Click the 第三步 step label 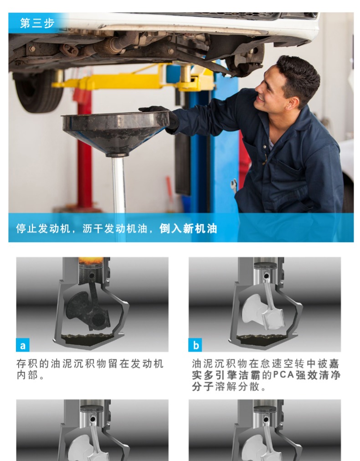(x=37, y=23)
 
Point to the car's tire (x=38, y=92)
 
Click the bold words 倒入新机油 (x=188, y=228)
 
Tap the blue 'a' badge (x=23, y=345)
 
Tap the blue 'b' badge (x=195, y=345)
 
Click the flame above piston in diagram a (x=91, y=260)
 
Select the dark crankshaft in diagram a (x=88, y=310)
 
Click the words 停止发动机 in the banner (x=43, y=228)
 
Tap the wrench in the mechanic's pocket (x=234, y=185)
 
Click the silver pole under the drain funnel (x=119, y=185)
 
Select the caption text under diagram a (x=90, y=369)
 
